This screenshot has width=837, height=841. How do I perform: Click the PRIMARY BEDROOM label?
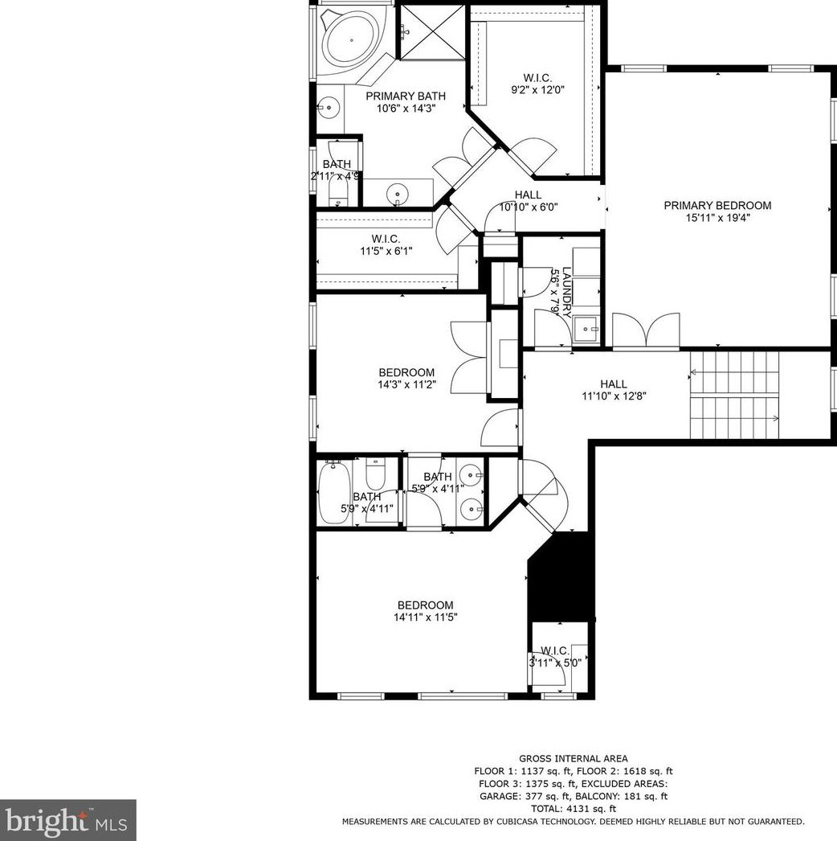[717, 206]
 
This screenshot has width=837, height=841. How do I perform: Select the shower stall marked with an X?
[431, 31]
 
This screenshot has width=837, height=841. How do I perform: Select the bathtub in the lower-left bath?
[331, 492]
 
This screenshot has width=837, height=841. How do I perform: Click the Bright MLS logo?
[67, 820]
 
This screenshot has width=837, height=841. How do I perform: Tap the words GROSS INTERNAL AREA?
[573, 758]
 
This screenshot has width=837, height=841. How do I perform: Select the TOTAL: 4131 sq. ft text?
[573, 809]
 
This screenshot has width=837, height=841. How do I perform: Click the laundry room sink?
[586, 328]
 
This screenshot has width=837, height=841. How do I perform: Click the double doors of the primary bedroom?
[646, 331]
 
